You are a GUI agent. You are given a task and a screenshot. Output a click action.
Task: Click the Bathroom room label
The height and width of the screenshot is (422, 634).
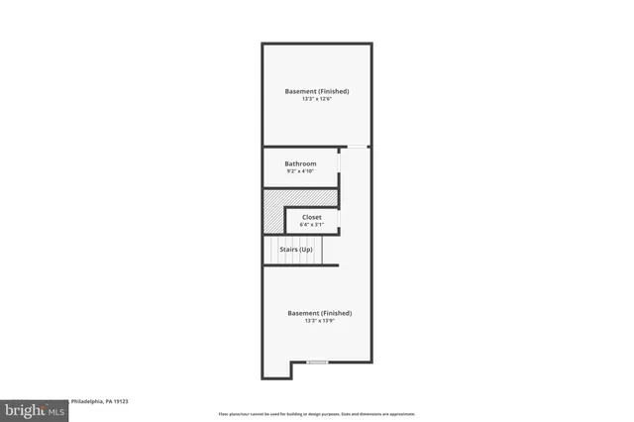tap(300, 163)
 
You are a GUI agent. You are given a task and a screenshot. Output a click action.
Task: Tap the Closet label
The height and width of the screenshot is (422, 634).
tap(311, 217)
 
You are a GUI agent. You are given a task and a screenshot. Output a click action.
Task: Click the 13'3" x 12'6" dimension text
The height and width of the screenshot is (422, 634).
tap(316, 99)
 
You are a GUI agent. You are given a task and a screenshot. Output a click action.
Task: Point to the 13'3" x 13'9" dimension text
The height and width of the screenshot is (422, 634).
tap(319, 321)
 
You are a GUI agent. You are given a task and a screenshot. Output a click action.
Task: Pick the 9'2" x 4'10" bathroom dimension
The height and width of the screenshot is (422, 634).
tap(300, 171)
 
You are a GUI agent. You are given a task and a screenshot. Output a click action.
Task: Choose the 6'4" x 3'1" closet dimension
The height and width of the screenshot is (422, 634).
tap(311, 225)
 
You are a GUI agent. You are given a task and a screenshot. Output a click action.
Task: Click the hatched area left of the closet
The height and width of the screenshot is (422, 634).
tap(273, 211)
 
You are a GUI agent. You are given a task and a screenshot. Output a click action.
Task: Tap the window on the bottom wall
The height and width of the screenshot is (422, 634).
tap(317, 363)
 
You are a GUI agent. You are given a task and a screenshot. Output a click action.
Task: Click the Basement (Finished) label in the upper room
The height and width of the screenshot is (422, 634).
tap(316, 91)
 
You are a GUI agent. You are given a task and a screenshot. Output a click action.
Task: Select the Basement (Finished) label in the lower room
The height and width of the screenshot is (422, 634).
tap(319, 313)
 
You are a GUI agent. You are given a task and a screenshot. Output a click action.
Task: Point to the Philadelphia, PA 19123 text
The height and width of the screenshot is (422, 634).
tap(98, 401)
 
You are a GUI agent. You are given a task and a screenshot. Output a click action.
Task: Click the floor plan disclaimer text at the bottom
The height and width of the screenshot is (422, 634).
tap(317, 414)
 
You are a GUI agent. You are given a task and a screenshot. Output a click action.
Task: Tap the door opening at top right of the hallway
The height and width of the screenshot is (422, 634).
tap(356, 148)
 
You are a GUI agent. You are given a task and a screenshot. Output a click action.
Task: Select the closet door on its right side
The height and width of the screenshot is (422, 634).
tap(339, 220)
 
